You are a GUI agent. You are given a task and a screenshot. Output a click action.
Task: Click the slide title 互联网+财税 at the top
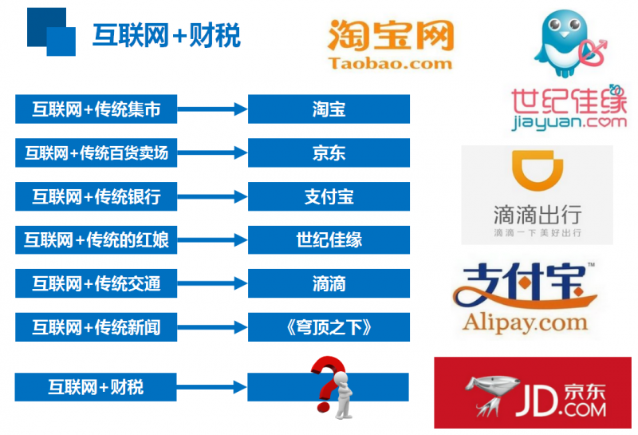coord(167,35)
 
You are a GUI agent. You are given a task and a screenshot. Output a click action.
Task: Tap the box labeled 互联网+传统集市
coord(96,109)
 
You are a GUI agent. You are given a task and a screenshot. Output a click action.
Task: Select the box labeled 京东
coord(329,152)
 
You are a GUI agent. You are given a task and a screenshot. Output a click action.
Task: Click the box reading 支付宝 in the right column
coord(329,196)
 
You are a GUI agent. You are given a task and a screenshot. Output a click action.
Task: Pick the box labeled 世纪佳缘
coord(329,240)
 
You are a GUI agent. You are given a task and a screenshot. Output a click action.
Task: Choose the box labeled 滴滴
coord(329,283)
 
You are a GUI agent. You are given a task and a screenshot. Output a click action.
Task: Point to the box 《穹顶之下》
coord(329,327)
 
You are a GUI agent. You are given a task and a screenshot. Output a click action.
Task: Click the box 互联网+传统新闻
coord(96,327)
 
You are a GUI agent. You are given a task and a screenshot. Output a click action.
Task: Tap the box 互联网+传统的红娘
coord(96,240)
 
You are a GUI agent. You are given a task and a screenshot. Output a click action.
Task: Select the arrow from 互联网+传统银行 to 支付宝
coord(212,196)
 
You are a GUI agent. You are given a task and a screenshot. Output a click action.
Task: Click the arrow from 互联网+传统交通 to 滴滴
coord(212,283)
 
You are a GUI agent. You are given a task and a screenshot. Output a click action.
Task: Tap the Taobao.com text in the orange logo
coord(390,63)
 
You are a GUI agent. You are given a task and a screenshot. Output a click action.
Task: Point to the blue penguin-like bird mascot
coord(565,43)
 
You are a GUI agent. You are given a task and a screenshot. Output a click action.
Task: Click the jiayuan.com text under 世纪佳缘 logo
coord(569,122)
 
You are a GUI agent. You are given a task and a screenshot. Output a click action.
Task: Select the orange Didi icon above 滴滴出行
coord(537,170)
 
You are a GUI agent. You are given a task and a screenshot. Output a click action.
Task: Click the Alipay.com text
coord(525,322)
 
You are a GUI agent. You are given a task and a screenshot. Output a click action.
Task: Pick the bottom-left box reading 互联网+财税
coord(96,387)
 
